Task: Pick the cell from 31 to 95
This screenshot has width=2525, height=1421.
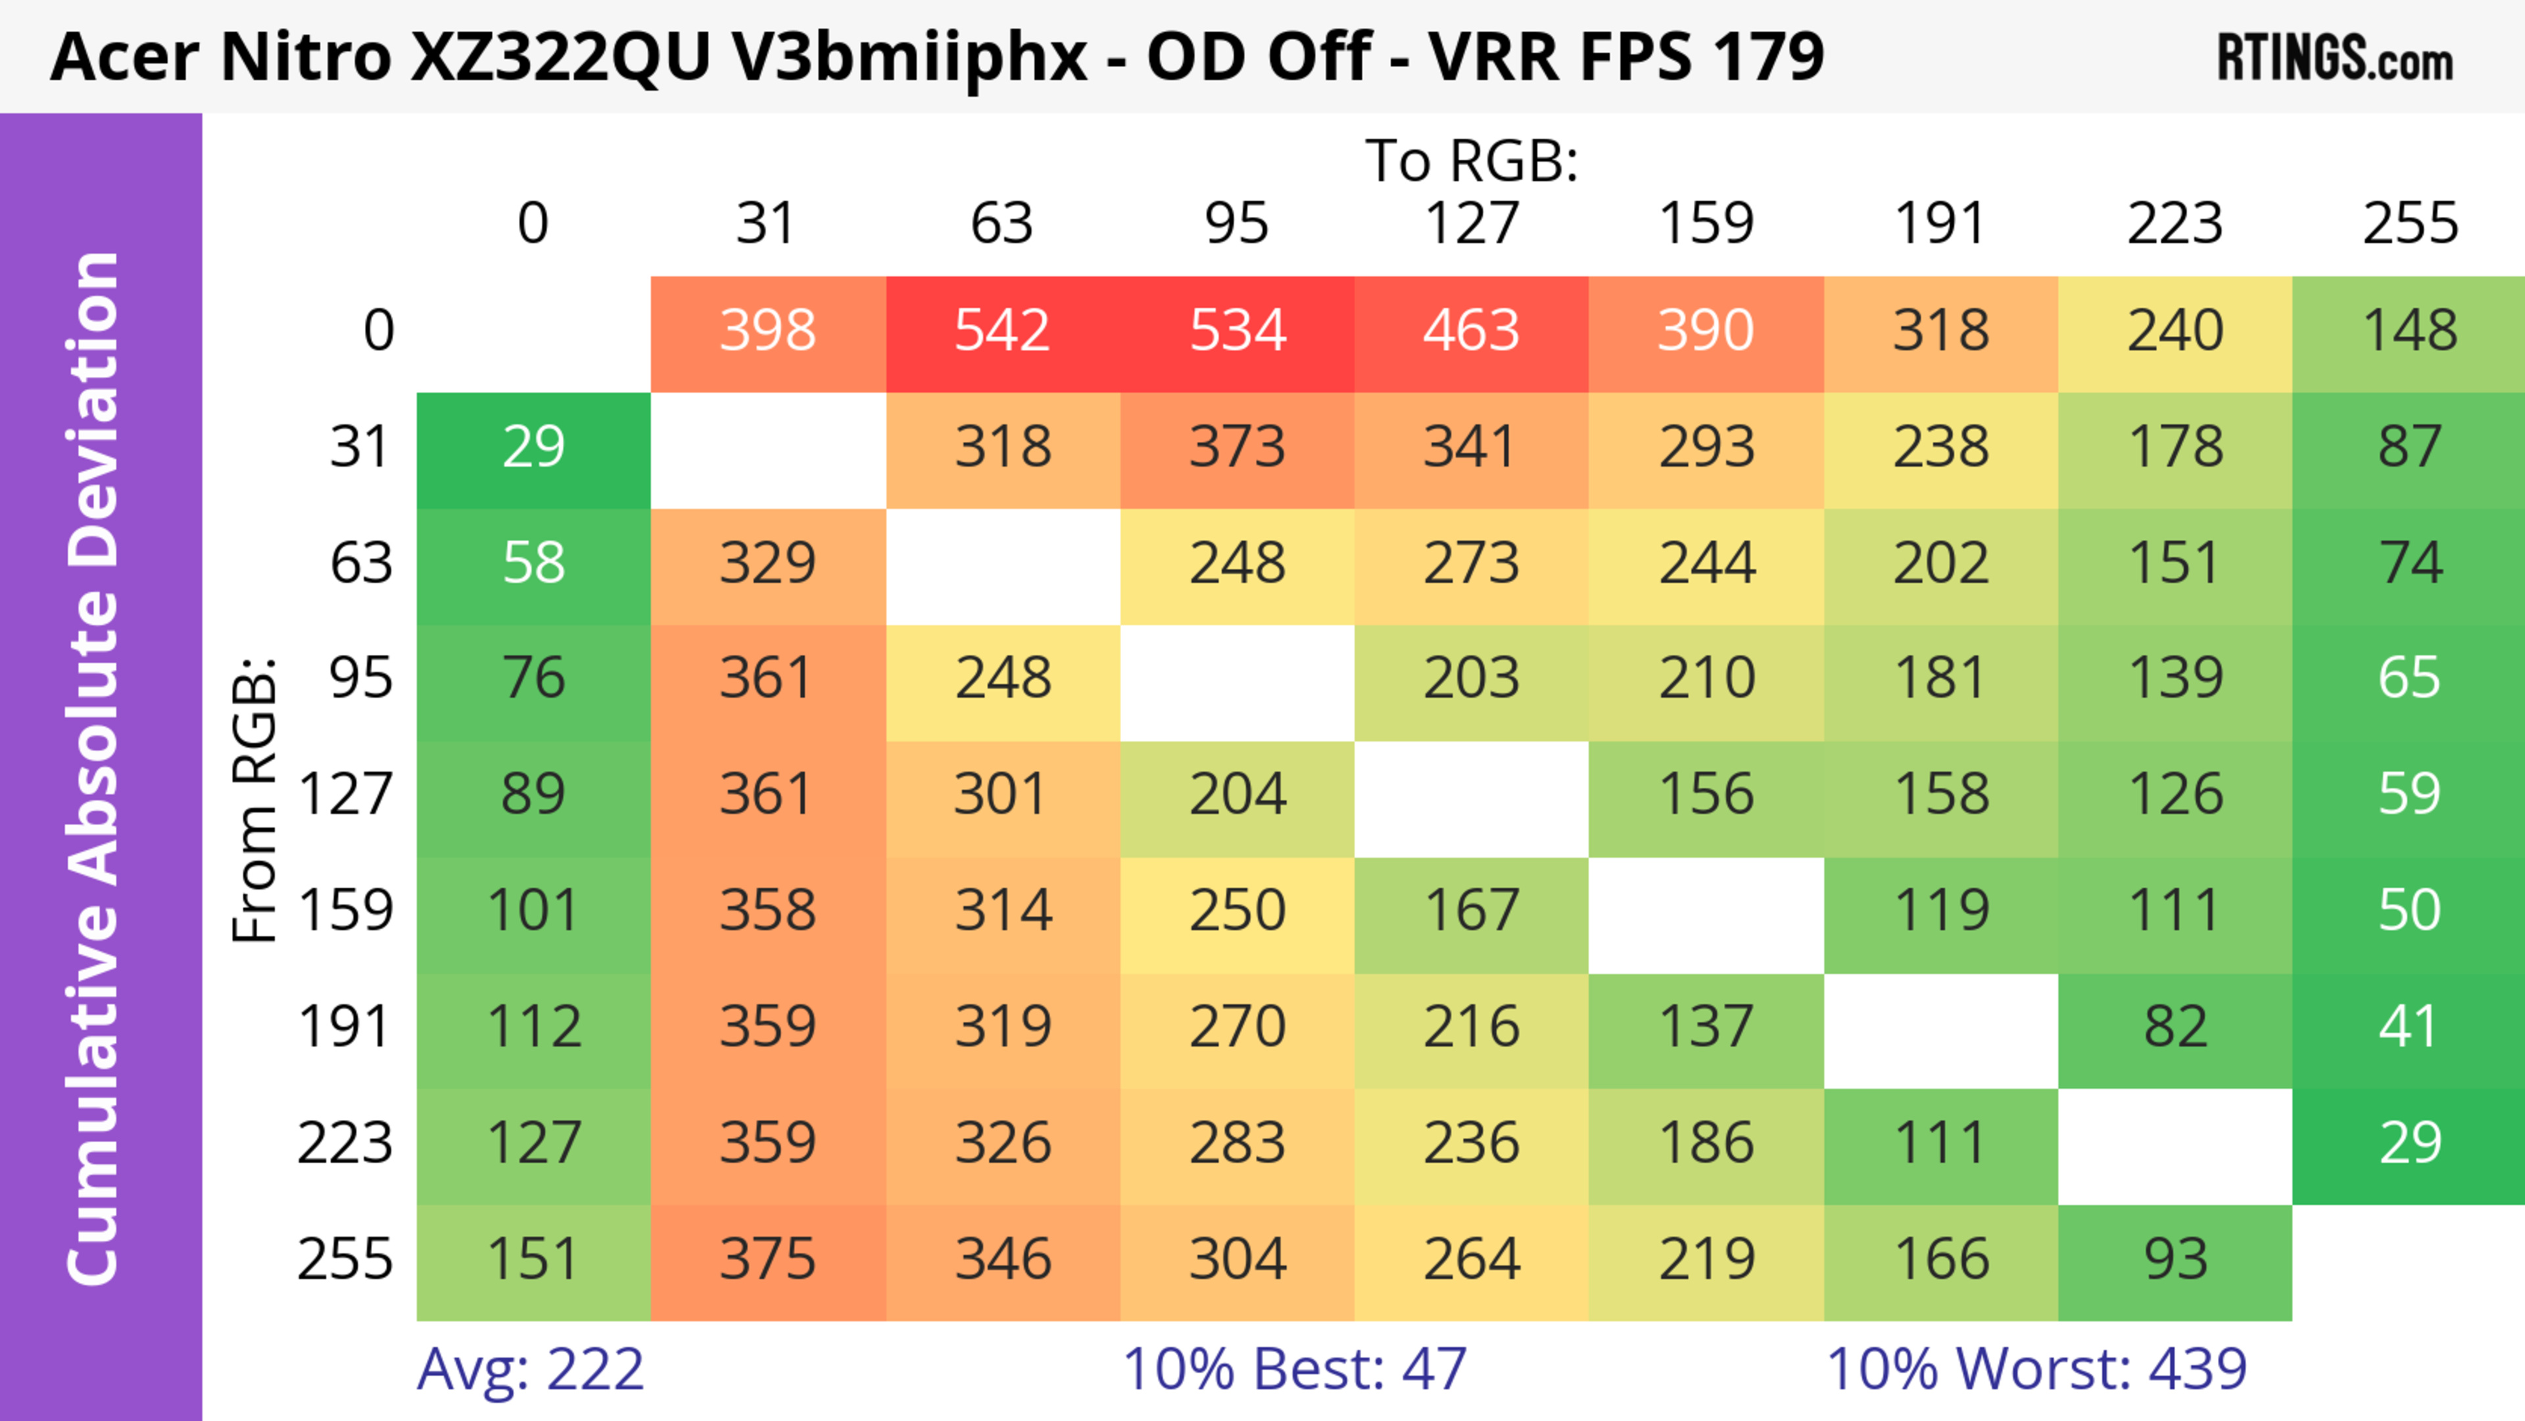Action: coord(1237,448)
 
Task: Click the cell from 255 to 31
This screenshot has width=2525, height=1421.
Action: coord(767,1259)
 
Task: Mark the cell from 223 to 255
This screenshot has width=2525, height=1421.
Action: coord(2409,1144)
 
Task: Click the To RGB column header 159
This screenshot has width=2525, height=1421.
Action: coord(1706,224)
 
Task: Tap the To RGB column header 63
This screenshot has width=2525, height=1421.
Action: coord(1001,224)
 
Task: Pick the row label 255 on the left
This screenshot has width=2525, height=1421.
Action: coord(345,1259)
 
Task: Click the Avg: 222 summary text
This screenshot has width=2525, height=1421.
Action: coord(530,1369)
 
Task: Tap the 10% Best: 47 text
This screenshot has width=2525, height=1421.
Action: coord(1294,1369)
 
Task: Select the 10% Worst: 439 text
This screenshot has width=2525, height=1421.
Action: coord(2036,1369)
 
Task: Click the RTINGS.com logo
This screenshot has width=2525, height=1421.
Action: coord(2335,58)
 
